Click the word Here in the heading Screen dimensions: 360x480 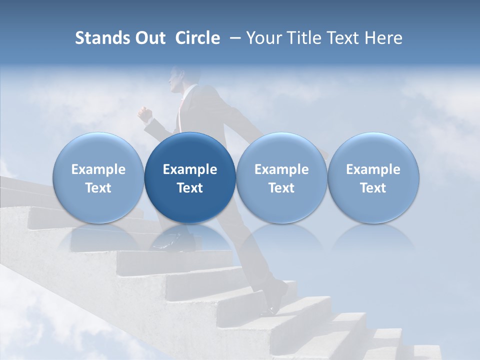pos(384,38)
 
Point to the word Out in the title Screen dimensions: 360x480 pos(150,38)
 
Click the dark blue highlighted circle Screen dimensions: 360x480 pos(190,177)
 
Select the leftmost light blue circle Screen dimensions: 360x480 pos(98,177)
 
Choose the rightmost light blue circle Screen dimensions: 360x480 pos(373,177)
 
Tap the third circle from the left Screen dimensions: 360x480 pos(281,177)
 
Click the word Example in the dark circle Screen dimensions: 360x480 pos(190,169)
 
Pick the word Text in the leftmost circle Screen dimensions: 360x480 pos(98,188)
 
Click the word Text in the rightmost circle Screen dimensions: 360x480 pos(373,188)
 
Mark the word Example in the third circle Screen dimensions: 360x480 pos(281,169)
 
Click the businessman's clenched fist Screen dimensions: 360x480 pos(145,115)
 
